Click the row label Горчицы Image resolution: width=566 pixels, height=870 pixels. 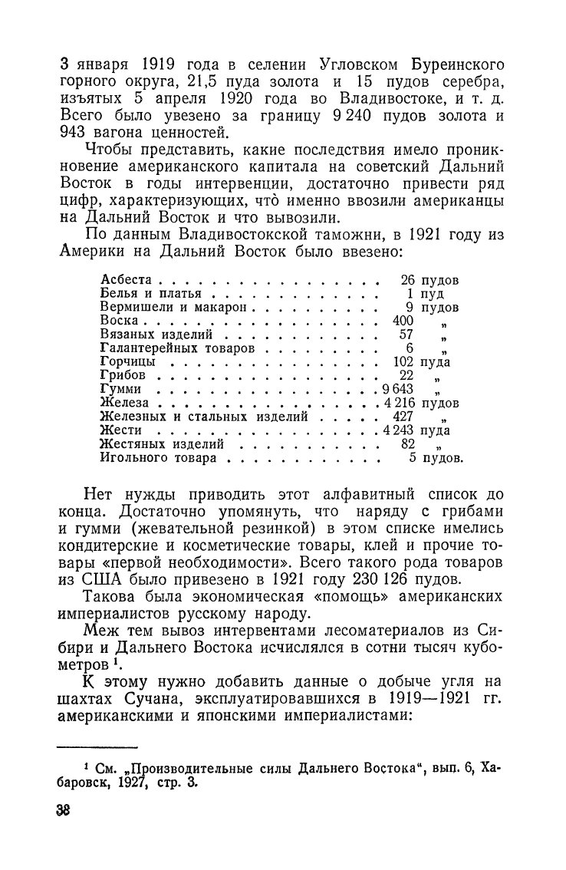pyautogui.click(x=128, y=362)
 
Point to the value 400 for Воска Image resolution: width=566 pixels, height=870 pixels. pyautogui.click(x=402, y=321)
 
